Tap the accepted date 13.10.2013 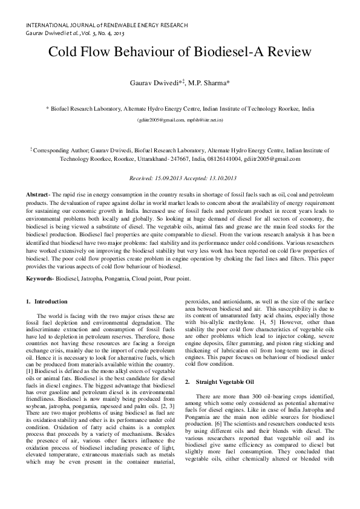pos(222,178)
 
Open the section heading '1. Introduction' pos(47,301)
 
